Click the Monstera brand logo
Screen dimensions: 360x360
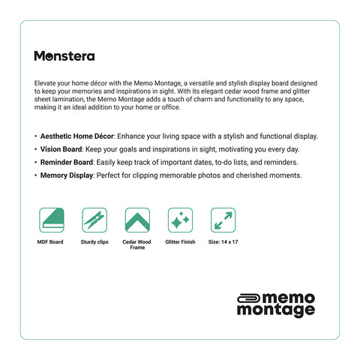pyautogui.click(x=64, y=55)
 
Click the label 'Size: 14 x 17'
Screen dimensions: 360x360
pyautogui.click(x=223, y=242)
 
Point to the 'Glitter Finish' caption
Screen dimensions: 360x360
pyautogui.click(x=179, y=242)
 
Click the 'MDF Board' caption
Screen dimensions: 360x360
pyautogui.click(x=50, y=242)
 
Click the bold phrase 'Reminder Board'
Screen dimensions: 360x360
pyautogui.click(x=65, y=162)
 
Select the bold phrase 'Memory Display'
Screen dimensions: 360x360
pyautogui.click(x=66, y=175)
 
